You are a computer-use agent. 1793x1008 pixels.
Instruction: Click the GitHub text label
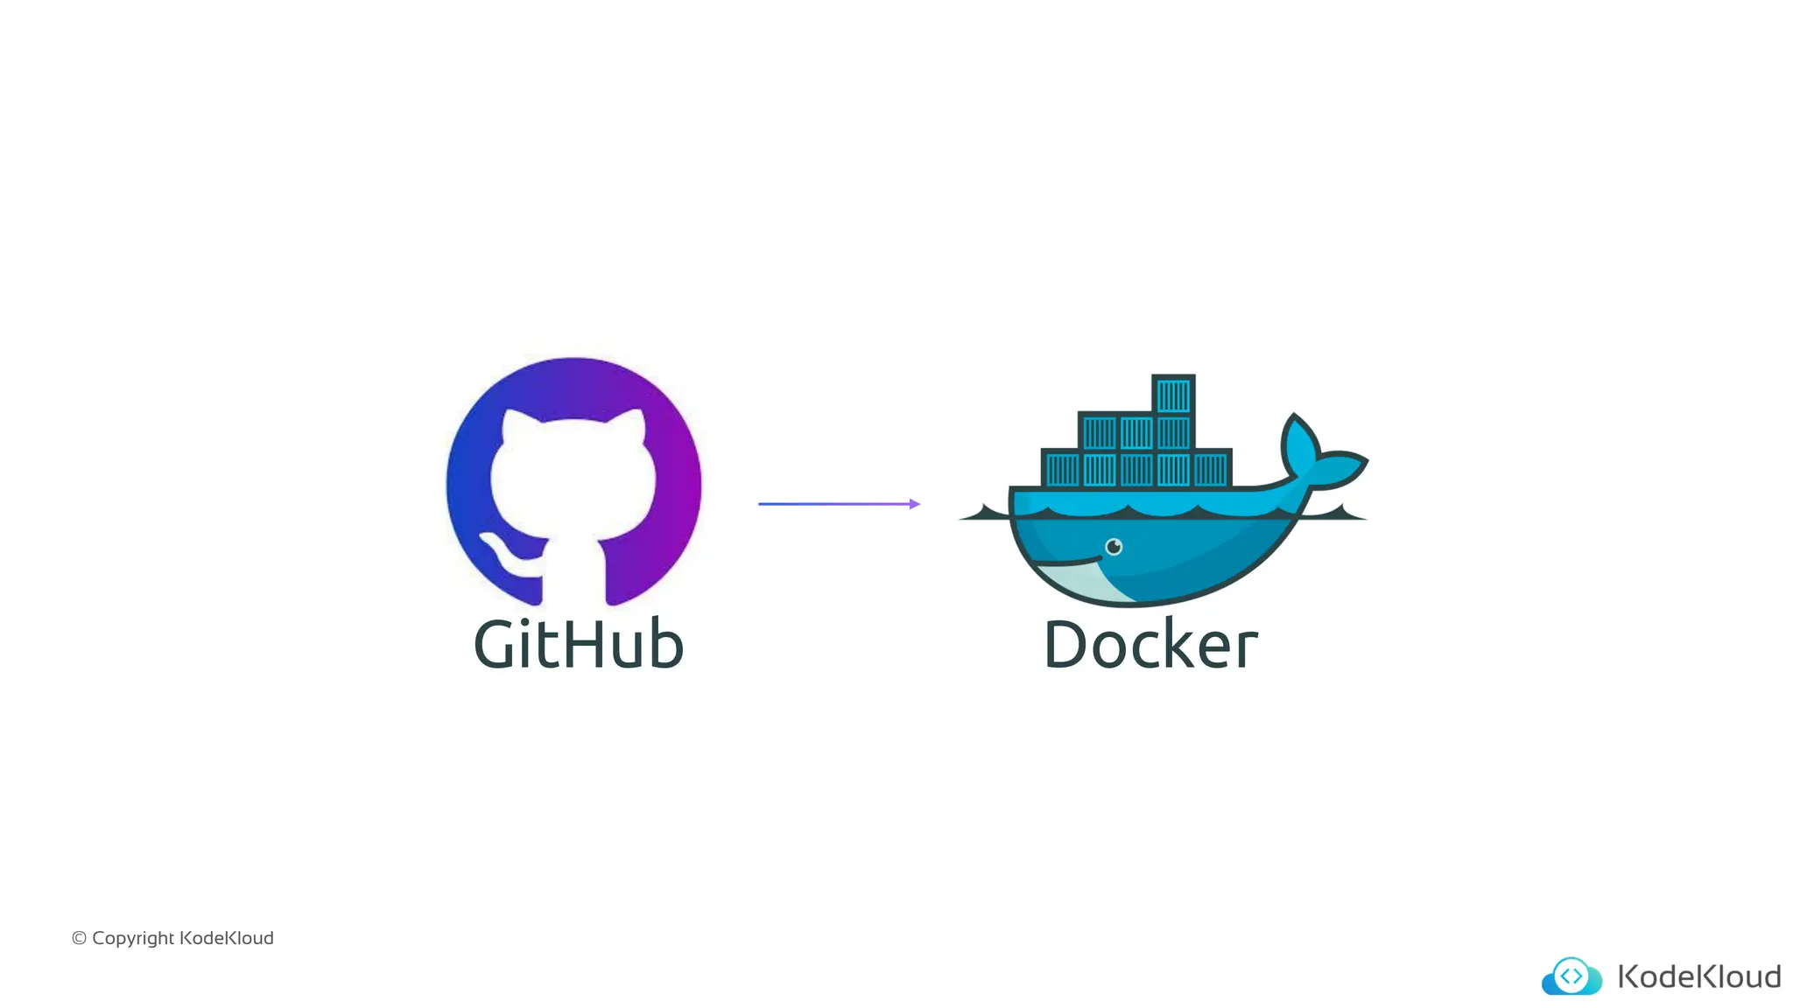[x=578, y=645]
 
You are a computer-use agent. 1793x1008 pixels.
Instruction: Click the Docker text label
[x=1150, y=645]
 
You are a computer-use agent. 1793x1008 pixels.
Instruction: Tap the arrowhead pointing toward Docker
[x=914, y=504]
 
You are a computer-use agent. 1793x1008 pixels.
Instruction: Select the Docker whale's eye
[x=1114, y=548]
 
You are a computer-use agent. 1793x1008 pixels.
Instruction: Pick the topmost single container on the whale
[x=1173, y=395]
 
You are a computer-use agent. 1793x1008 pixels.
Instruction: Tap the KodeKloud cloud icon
[x=1572, y=976]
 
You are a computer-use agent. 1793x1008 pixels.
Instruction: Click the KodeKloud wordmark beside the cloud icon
[x=1698, y=976]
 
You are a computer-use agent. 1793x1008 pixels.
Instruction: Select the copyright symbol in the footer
[x=79, y=939]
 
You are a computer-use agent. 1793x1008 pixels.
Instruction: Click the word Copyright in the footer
[x=132, y=939]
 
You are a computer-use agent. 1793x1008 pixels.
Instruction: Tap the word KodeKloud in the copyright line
[x=227, y=938]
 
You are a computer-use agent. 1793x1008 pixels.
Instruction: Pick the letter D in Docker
[x=1067, y=645]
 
